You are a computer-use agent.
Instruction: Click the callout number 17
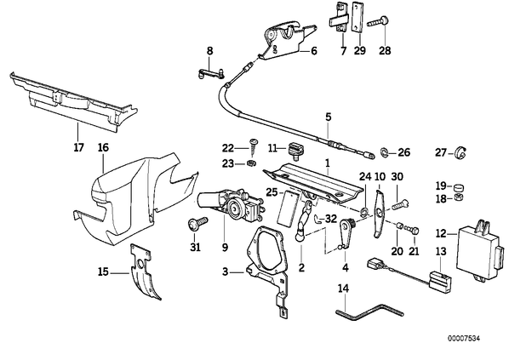coord(79,147)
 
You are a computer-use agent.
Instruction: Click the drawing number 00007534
coord(464,339)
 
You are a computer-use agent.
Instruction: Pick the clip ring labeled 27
coord(460,153)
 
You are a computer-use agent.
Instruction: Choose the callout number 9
coord(225,248)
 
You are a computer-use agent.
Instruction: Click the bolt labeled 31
coord(197,225)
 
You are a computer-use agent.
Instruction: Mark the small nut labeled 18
coord(459,197)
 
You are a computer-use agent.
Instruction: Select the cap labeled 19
coord(459,187)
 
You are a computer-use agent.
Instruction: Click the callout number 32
coord(331,219)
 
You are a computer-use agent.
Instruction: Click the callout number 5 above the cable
coord(329,117)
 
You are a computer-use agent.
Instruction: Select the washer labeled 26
coord(384,151)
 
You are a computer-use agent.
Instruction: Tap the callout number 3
coord(226,271)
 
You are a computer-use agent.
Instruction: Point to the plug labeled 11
coord(295,150)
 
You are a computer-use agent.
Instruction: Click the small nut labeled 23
coord(251,163)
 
